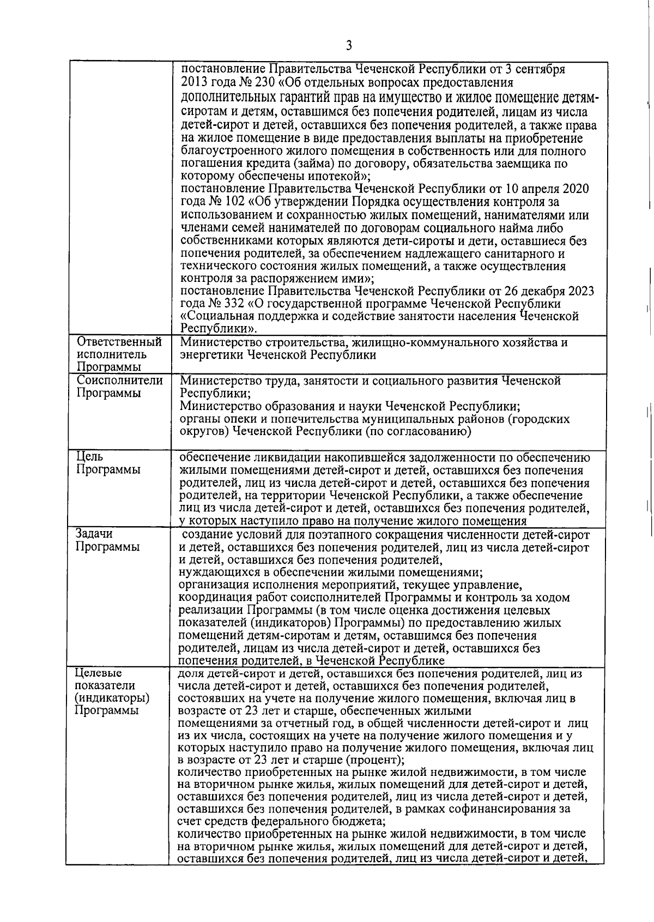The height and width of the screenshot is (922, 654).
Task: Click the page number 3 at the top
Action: (349, 46)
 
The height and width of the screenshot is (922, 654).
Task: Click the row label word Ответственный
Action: (119, 342)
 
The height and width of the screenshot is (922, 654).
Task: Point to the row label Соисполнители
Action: (120, 381)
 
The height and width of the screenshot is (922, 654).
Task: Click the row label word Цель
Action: (89, 457)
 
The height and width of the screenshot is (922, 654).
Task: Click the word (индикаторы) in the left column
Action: (112, 698)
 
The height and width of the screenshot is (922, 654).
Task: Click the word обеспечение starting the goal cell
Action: (213, 457)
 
